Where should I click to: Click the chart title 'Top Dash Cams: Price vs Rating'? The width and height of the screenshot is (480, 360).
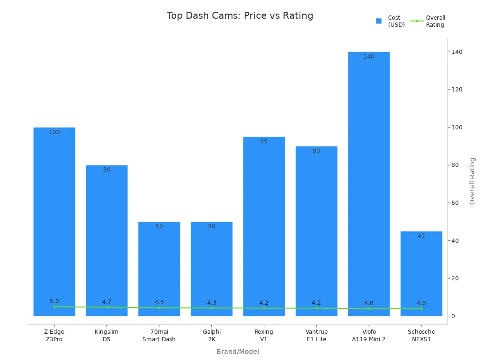(240, 15)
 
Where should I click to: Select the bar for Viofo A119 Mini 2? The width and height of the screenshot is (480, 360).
(368, 183)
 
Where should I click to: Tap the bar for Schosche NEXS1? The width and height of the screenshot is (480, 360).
(421, 272)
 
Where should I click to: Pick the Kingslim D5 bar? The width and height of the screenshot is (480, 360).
(106, 239)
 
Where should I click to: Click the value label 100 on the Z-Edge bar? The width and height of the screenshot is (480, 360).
(54, 132)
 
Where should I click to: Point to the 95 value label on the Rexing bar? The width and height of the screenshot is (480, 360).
(264, 142)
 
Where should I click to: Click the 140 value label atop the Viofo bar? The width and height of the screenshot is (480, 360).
(369, 57)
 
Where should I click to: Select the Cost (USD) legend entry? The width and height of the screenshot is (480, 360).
(390, 21)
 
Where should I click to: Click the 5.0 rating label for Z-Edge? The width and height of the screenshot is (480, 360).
(54, 301)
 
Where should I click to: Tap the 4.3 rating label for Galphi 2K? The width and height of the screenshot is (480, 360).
(211, 303)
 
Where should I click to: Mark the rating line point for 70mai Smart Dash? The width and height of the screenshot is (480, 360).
(159, 307)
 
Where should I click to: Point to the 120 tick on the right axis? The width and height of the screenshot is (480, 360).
(456, 90)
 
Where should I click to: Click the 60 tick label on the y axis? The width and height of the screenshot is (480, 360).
(455, 203)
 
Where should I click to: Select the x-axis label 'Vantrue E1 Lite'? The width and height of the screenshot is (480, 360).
(316, 335)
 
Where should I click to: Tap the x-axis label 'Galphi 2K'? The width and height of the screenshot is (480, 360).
(211, 335)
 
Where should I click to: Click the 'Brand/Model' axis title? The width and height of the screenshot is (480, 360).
(238, 352)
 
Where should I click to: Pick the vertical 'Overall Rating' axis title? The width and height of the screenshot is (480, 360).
(472, 180)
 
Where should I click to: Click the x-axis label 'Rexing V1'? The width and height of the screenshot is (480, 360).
(264, 335)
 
